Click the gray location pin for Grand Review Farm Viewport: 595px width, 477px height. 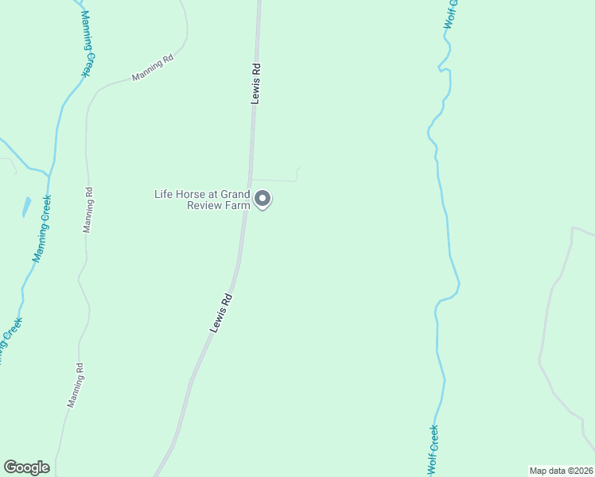262,199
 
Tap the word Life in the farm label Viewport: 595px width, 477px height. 163,194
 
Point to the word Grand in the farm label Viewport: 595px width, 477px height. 235,194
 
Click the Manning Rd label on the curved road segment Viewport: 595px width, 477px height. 152,68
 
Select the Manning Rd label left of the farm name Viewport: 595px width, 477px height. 88,209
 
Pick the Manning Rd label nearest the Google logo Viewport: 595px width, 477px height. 76,386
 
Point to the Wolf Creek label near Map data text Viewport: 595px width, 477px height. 434,450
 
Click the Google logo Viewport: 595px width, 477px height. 26,467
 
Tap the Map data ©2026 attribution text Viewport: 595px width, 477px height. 561,471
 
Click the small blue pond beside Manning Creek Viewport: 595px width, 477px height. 26,207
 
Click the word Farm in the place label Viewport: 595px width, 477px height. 241,205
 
